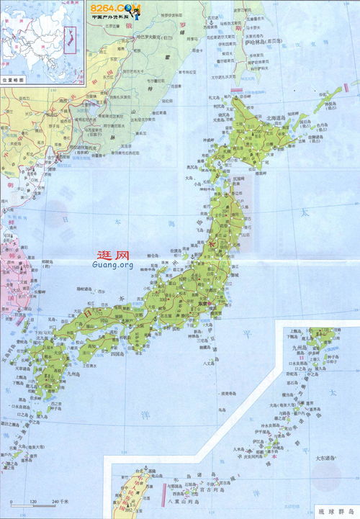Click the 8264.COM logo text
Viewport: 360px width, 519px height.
click(x=116, y=8)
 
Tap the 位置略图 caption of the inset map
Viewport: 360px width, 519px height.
click(x=12, y=81)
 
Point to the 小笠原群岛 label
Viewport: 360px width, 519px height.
click(x=229, y=394)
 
